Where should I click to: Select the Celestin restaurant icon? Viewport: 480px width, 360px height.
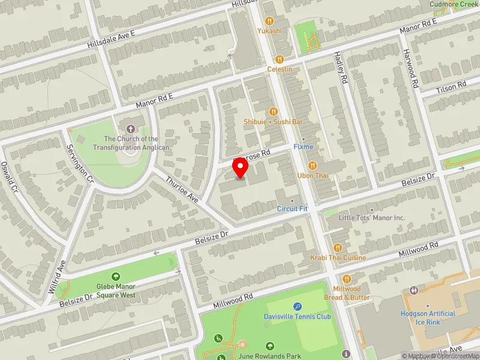point(280,59)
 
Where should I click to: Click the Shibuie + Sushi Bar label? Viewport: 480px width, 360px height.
point(273,122)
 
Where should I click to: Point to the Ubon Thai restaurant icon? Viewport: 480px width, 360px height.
point(312,166)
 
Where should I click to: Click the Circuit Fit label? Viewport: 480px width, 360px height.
point(292,209)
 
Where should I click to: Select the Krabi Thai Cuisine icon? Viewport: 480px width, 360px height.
point(338,247)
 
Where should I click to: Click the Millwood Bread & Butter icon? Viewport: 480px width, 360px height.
point(347,279)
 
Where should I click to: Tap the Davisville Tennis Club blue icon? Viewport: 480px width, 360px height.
point(298,307)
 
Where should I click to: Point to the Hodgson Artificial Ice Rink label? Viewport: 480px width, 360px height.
point(428,317)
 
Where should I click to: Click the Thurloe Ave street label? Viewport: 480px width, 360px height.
point(181,188)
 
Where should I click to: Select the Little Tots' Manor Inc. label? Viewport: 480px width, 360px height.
point(372,217)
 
